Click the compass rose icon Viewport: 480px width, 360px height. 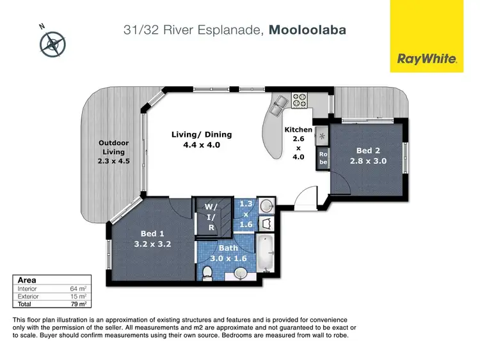(52, 42)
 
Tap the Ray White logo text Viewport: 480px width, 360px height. (428, 59)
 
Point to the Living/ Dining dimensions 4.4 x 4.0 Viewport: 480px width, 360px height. (201, 145)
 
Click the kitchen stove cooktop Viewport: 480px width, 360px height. (300, 100)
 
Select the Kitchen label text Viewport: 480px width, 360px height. (298, 130)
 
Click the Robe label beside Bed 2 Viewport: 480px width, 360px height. (323, 159)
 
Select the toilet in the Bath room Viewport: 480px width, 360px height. (207, 274)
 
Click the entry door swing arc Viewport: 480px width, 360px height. (309, 192)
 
